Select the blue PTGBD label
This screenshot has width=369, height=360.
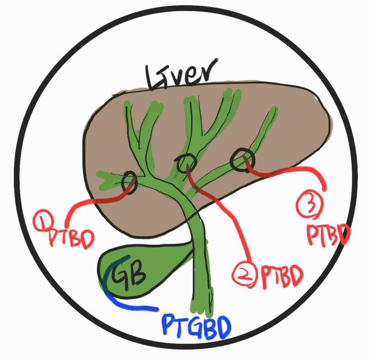click(196, 325)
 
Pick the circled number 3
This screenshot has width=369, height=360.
click(310, 205)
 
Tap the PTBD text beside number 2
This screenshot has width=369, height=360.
click(282, 276)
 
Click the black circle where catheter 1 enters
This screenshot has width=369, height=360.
click(129, 181)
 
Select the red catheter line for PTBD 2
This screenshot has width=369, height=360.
click(231, 222)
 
